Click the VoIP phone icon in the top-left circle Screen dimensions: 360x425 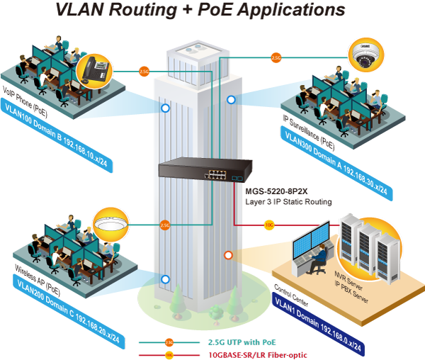[x=93, y=70]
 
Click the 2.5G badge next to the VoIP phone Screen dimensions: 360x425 [x=144, y=71]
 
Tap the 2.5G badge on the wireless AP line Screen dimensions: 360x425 [x=164, y=225]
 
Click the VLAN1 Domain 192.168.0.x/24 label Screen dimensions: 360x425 [x=319, y=322]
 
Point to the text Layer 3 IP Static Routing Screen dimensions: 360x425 [x=288, y=202]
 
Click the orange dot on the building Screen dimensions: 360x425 [x=228, y=255]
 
